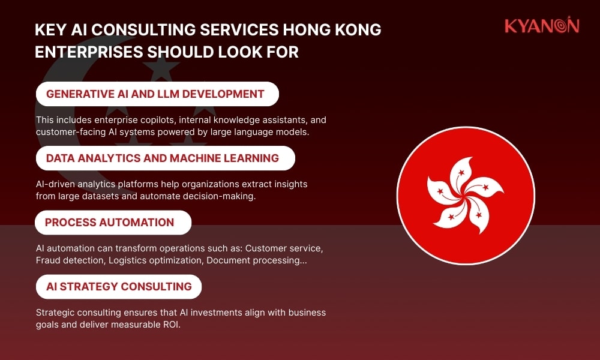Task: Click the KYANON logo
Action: pos(541,26)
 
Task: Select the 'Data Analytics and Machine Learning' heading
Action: pos(163,158)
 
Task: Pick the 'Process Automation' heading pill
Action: pos(110,223)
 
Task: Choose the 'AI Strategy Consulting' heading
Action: pos(119,287)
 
